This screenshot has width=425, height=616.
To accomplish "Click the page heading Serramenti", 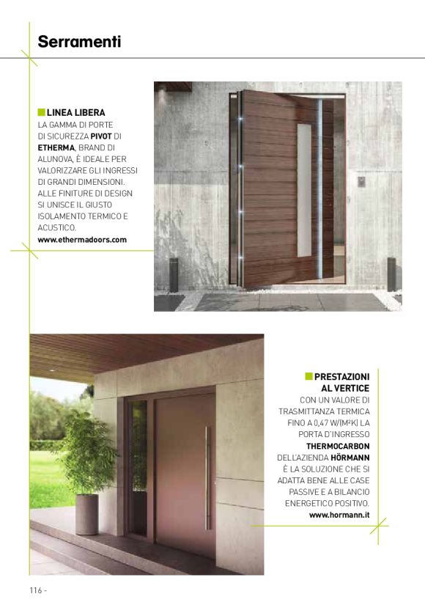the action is point(79,42).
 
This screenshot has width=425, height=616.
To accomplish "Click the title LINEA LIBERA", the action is point(75,113).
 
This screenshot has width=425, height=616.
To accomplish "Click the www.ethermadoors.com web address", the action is point(82,240).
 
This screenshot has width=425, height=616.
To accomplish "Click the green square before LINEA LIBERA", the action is point(41,113).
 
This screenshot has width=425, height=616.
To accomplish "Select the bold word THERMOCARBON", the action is point(338,446).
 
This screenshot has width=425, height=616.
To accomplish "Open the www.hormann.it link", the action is point(339,516).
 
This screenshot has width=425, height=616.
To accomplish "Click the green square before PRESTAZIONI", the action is point(308,376).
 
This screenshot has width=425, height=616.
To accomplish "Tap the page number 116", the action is point(36,590).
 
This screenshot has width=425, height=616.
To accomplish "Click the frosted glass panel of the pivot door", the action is point(304,191).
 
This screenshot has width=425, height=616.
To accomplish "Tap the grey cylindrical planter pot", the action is point(86,513).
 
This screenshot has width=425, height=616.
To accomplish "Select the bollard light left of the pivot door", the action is point(174,274).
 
